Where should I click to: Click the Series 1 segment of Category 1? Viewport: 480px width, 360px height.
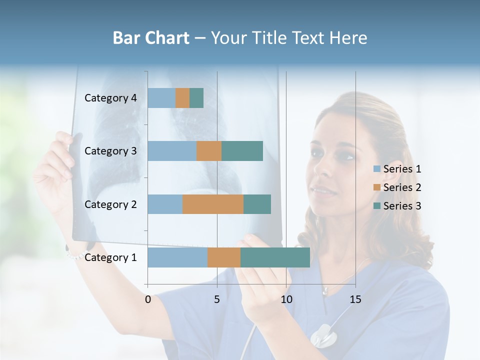pyautogui.click(x=177, y=257)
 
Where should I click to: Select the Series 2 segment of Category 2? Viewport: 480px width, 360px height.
pyautogui.click(x=213, y=204)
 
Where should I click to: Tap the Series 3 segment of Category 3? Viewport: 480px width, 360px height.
pyautogui.click(x=242, y=151)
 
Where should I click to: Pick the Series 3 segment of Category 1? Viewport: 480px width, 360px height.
pyautogui.click(x=275, y=257)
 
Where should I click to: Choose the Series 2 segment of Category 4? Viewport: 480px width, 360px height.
pyautogui.click(x=182, y=98)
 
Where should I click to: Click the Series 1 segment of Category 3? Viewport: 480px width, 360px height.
pyautogui.click(x=172, y=151)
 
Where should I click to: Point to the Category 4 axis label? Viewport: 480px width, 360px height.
pyautogui.click(x=110, y=98)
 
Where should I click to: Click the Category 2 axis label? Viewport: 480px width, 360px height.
pyautogui.click(x=110, y=204)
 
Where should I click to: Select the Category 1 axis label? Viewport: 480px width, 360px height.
pyautogui.click(x=110, y=257)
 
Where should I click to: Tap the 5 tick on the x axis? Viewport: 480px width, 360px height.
pyautogui.click(x=217, y=299)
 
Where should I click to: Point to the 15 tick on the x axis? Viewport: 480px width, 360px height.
pyautogui.click(x=355, y=299)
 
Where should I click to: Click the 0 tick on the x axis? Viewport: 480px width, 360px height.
pyautogui.click(x=147, y=299)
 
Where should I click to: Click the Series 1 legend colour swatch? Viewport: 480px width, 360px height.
pyautogui.click(x=377, y=169)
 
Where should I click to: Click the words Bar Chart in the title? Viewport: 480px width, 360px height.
pyautogui.click(x=151, y=38)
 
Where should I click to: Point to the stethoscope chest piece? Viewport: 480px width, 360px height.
pyautogui.click(x=322, y=335)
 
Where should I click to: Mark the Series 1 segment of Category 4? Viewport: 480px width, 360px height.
pyautogui.click(x=161, y=98)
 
